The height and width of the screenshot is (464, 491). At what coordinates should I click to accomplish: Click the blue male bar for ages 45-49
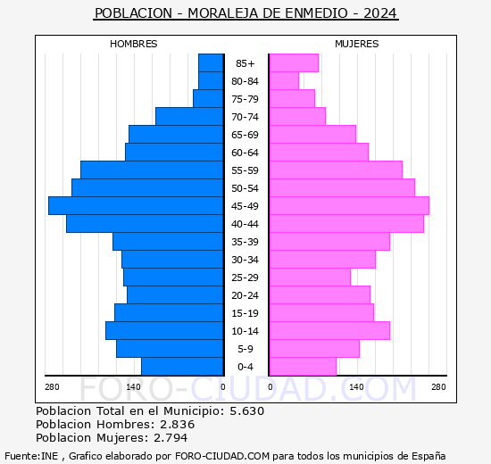pyautogui.click(x=136, y=205)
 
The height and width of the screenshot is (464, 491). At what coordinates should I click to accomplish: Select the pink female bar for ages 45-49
pyautogui.click(x=349, y=205)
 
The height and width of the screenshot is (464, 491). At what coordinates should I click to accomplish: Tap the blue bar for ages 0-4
pyautogui.click(x=182, y=366)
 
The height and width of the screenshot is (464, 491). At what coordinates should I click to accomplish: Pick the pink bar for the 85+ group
pyautogui.click(x=294, y=62)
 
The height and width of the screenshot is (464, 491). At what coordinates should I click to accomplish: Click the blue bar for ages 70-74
pyautogui.click(x=189, y=116)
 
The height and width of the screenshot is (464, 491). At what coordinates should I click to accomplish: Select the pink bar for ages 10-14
pyautogui.click(x=329, y=330)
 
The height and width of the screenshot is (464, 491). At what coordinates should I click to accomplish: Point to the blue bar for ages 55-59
pyautogui.click(x=152, y=170)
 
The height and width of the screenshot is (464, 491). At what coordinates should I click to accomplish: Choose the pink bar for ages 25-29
pyautogui.click(x=310, y=277)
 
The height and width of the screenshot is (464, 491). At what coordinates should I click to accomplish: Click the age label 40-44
pyautogui.click(x=245, y=224)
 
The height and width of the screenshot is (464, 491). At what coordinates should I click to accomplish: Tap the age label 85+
pyautogui.click(x=245, y=63)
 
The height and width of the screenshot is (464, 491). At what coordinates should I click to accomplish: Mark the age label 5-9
pyautogui.click(x=245, y=349)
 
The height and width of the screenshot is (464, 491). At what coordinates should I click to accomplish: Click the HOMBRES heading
pyautogui.click(x=134, y=44)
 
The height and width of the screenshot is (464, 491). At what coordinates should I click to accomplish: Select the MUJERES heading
pyautogui.click(x=357, y=44)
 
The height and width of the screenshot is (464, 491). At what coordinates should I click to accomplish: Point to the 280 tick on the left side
pyautogui.click(x=52, y=386)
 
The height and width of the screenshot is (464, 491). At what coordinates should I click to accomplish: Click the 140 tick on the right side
pyautogui.click(x=357, y=386)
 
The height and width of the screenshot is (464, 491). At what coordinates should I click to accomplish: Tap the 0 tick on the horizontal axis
pyautogui.click(x=223, y=386)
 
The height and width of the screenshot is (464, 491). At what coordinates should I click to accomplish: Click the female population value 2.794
pyautogui.click(x=172, y=437)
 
